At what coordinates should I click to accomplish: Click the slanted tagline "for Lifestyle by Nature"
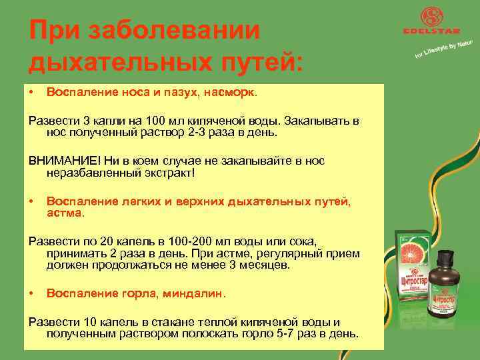(x=443, y=51)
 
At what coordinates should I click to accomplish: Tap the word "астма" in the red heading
(x=64, y=213)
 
